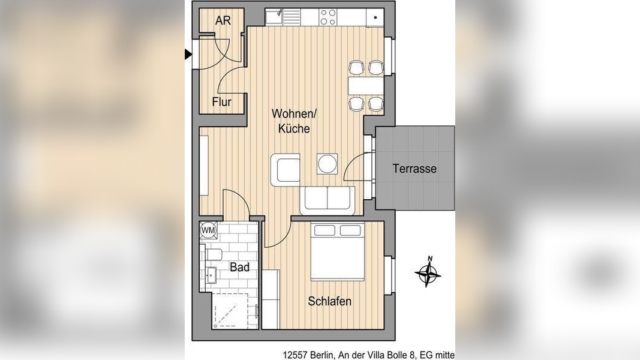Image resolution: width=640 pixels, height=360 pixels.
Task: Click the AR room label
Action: click(223, 20)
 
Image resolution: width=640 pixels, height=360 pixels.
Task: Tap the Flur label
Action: click(222, 101)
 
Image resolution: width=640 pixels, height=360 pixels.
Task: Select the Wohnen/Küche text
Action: click(294, 121)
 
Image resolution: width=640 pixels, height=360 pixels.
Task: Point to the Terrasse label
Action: click(414, 169)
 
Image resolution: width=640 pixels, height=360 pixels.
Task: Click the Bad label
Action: click(239, 268)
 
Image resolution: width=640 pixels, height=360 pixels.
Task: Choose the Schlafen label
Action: click(329, 302)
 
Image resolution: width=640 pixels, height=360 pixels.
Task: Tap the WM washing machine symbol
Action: click(208, 230)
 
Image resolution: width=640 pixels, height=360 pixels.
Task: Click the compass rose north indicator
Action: click(428, 272)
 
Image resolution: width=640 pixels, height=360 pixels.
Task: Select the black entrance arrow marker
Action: click(188, 54)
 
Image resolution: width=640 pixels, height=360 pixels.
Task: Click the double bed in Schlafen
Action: click(337, 251)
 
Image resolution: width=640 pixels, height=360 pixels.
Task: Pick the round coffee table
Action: click(327, 164)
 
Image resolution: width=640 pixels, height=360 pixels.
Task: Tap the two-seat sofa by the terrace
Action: click(327, 200)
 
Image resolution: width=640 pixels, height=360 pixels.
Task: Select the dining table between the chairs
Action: click(366, 86)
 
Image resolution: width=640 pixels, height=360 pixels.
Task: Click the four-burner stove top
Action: click(328, 17)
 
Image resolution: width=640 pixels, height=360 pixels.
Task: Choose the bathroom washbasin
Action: click(211, 274)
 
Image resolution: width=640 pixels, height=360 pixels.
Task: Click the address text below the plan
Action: click(368, 355)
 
